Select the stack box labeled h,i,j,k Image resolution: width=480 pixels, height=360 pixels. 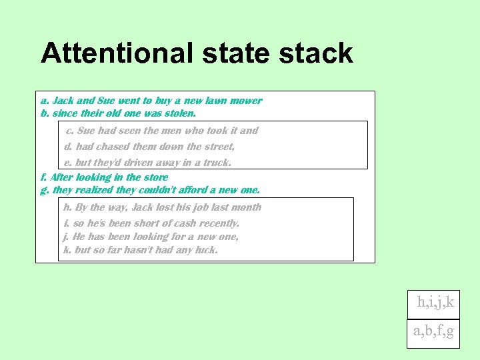click(x=435, y=302)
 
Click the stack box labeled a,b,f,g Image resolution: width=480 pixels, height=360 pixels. click(x=434, y=331)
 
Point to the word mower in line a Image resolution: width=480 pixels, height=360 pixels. click(x=247, y=101)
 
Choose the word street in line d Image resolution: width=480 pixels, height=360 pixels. click(x=219, y=147)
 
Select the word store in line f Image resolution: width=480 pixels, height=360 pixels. click(x=156, y=177)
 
